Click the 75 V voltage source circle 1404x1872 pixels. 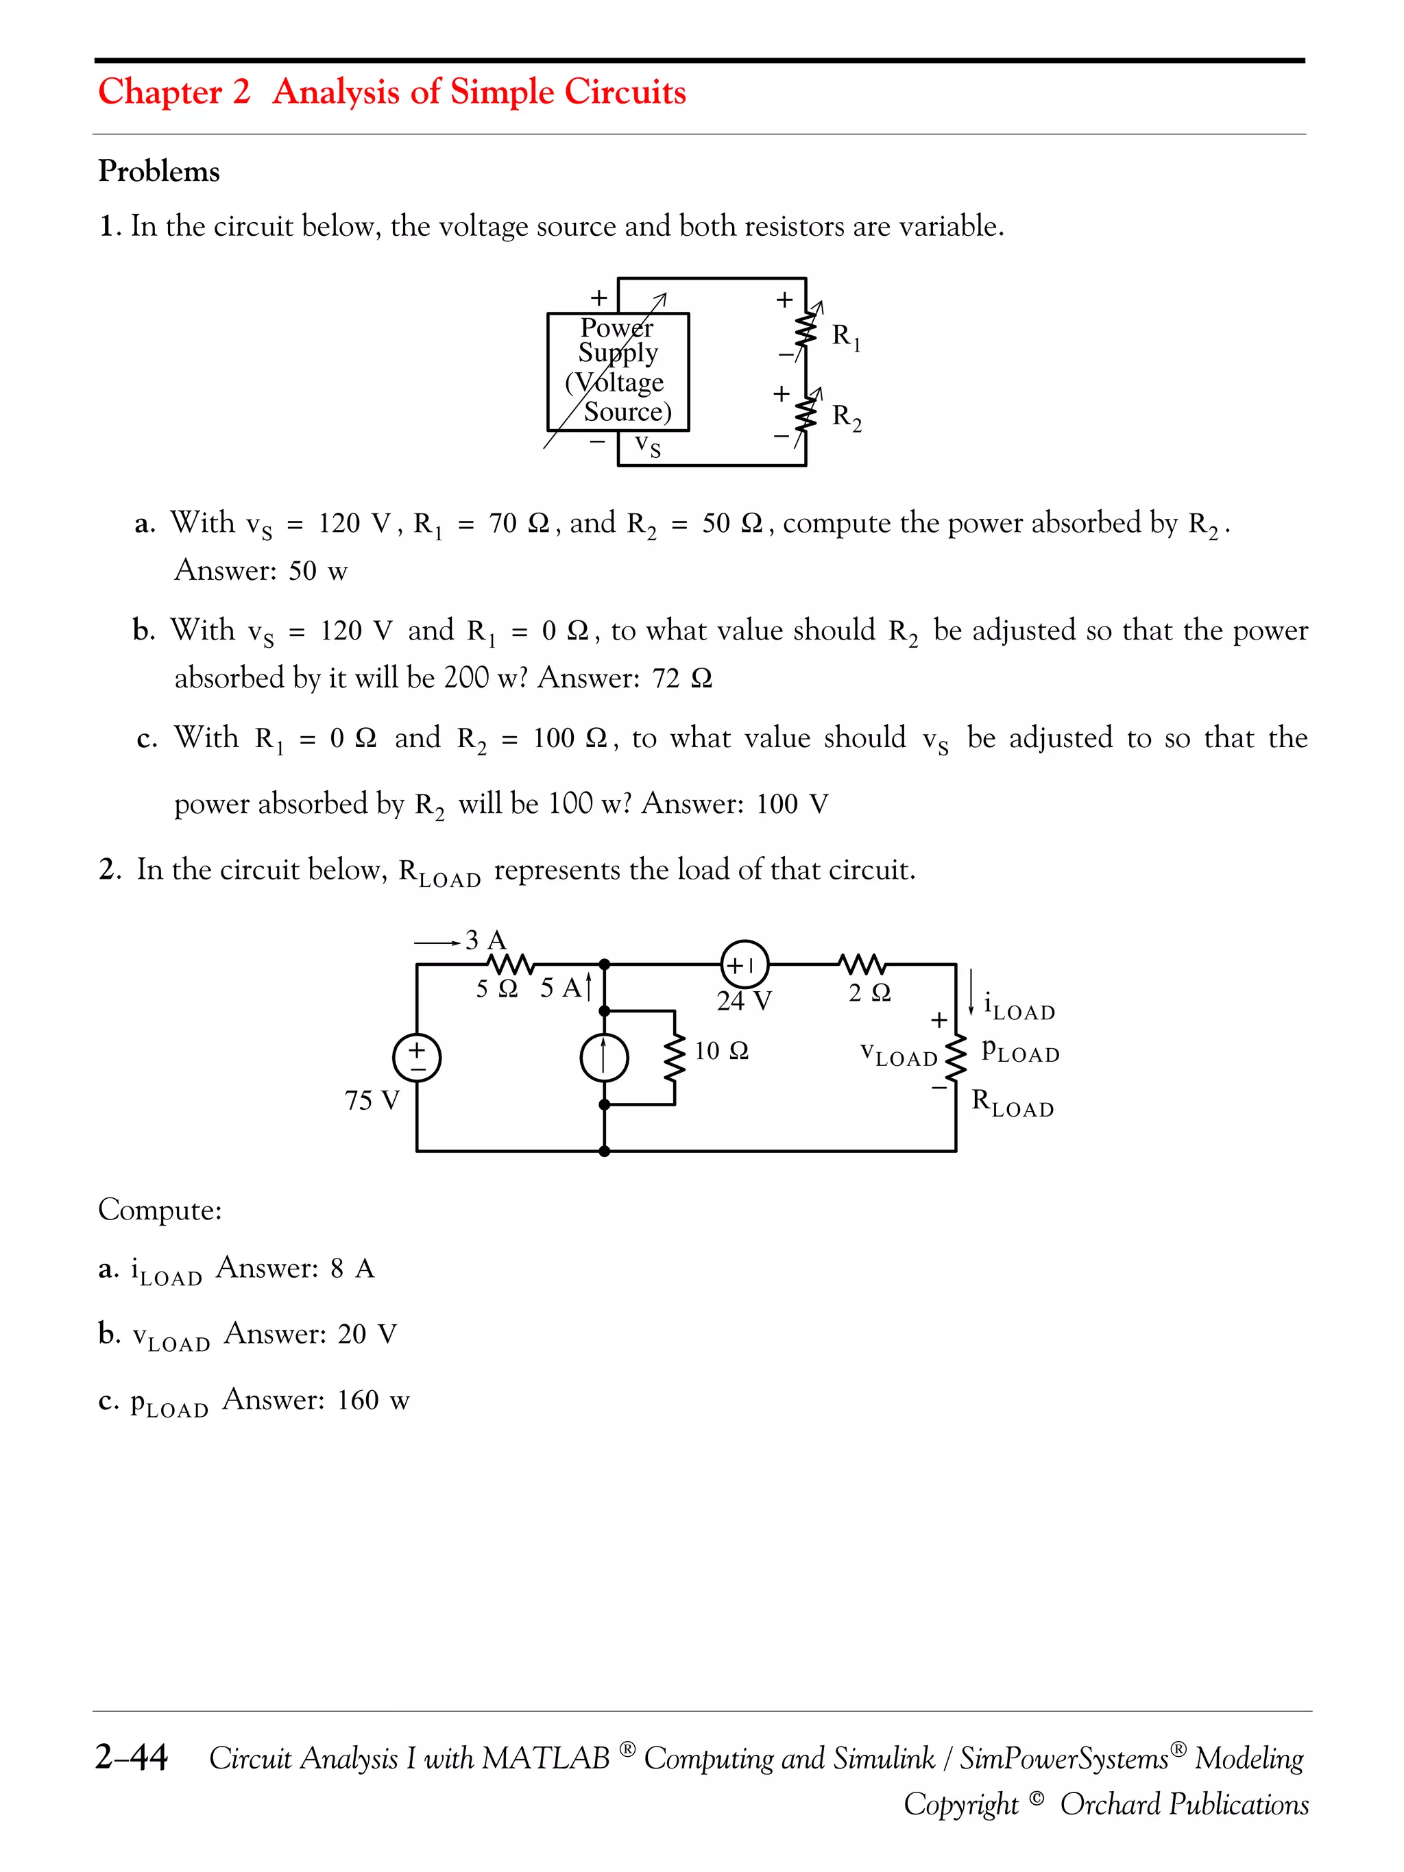(416, 1058)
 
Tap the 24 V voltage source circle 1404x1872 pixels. (744, 964)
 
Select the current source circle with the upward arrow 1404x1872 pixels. (603, 1058)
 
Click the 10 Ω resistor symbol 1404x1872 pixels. (675, 1058)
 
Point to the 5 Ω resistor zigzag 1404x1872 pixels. (509, 964)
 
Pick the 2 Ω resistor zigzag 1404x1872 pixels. (862, 964)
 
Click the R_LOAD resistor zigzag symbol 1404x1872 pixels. (956, 1058)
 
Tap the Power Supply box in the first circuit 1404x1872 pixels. (618, 372)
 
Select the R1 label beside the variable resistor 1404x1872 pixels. (845, 337)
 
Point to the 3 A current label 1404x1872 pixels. (485, 939)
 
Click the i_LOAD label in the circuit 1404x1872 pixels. (1019, 1006)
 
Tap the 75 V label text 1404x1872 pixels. (372, 1100)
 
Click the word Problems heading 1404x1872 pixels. (159, 171)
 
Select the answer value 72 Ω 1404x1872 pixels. (682, 679)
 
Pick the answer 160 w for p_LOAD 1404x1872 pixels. (373, 1400)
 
